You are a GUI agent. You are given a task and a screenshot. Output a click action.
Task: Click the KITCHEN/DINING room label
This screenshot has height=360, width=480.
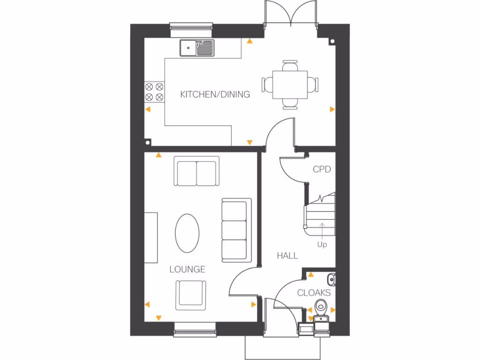click(x=215, y=94)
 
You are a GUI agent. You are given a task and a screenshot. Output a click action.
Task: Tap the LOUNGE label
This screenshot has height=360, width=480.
click(x=187, y=269)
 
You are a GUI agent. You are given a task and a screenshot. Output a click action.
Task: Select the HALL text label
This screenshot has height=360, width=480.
click(x=287, y=255)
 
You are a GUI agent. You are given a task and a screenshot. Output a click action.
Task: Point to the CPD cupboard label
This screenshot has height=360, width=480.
click(x=322, y=169)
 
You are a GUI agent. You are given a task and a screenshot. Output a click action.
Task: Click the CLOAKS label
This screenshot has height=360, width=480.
click(x=314, y=293)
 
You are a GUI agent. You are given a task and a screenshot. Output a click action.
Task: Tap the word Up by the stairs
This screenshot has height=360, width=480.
click(x=322, y=244)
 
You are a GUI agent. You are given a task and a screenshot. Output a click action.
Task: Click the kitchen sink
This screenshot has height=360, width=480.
click(x=197, y=47)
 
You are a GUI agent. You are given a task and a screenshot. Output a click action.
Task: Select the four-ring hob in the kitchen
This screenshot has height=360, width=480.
click(x=154, y=91)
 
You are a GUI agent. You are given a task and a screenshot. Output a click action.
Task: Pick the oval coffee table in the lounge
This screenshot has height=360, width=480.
click(x=187, y=233)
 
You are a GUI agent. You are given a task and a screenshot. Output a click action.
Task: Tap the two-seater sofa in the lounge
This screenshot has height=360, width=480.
click(x=196, y=172)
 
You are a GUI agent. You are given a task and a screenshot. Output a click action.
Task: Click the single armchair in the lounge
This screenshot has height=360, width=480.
click(x=191, y=294)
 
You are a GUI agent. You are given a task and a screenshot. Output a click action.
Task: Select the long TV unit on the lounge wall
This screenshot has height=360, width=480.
click(x=150, y=237)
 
